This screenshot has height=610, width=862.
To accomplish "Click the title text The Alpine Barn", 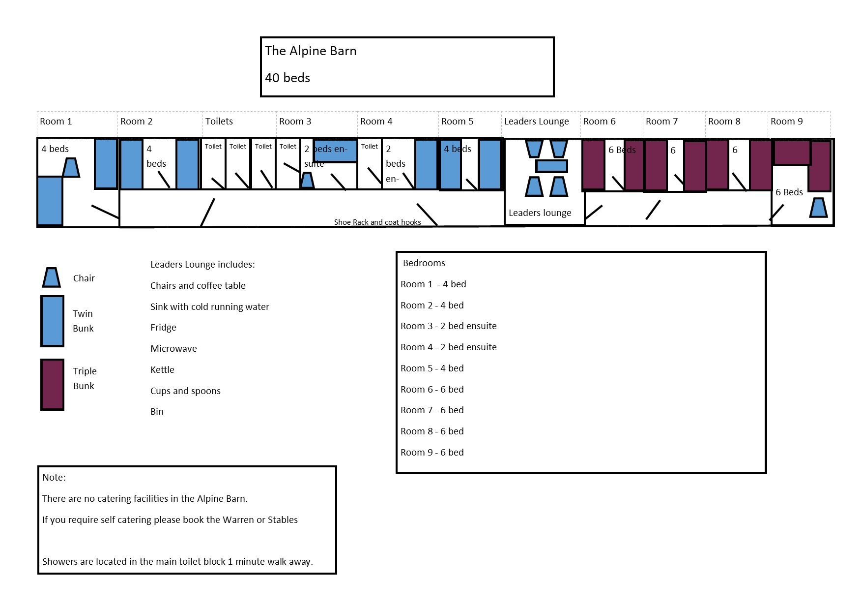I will [311, 51].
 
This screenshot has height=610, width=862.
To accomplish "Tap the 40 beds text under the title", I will [287, 78].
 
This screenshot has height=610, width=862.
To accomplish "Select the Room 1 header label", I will [56, 122].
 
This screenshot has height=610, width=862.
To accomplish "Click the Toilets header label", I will [219, 122].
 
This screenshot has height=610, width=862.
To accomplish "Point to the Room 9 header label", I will [786, 122].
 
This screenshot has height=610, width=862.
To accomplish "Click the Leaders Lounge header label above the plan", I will [536, 122].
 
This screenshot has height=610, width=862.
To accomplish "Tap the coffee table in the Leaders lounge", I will [551, 166].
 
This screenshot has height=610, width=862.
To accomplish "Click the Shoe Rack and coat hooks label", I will [377, 222].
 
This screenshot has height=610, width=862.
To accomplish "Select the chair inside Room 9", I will [818, 208].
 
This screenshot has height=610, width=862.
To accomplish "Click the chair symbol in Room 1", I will [71, 168].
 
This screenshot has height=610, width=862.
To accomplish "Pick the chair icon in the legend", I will [51, 277].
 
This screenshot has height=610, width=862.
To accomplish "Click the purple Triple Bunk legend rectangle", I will [52, 385].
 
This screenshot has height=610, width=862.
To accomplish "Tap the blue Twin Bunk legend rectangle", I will [52, 321].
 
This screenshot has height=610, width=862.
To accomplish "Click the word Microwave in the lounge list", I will [173, 349].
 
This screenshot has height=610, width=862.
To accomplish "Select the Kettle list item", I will [162, 370].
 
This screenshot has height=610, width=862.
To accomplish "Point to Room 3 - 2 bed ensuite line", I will [448, 326].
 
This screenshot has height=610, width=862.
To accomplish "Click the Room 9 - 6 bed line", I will [432, 453].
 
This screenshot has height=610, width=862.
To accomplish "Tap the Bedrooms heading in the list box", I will [424, 263].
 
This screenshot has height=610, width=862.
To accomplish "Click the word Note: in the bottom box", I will [54, 478].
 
